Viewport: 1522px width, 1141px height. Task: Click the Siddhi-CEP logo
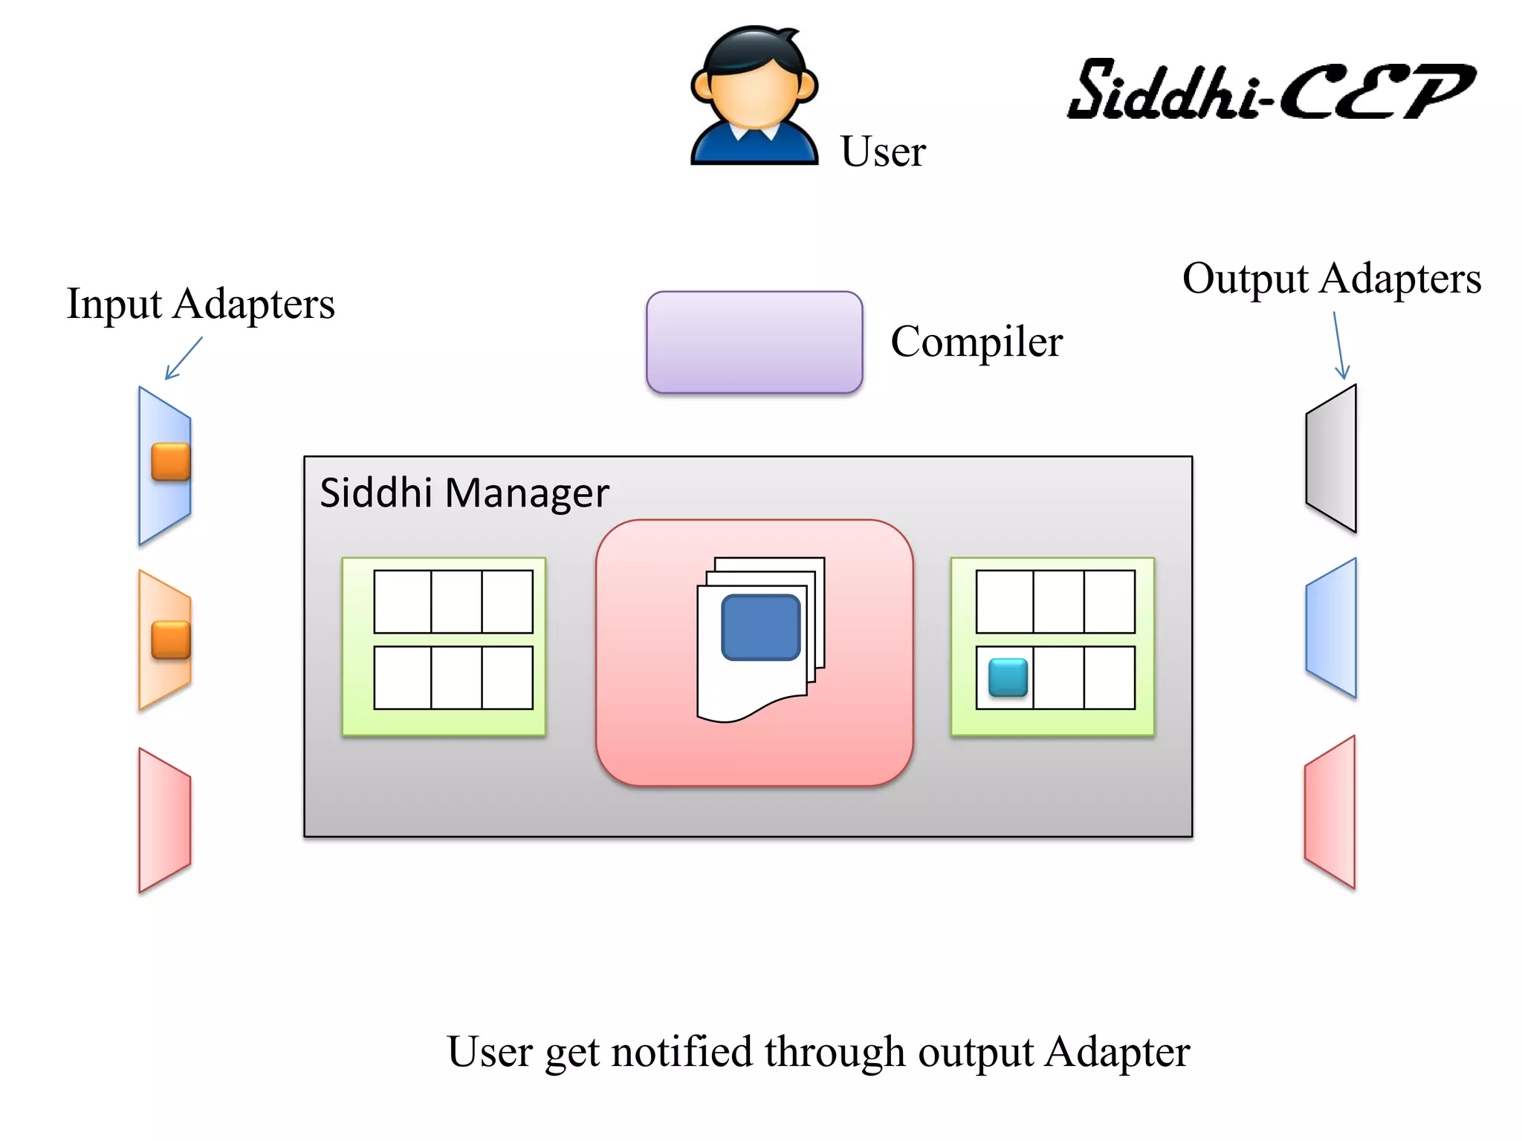point(1270,90)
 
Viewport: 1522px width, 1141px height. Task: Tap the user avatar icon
point(754,97)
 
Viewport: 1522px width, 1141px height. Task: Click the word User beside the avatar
point(883,152)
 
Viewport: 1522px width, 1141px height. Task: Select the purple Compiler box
point(754,342)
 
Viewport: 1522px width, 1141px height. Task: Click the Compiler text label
point(977,342)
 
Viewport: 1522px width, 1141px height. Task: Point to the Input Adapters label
point(201,305)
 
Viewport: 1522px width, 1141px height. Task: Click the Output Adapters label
point(1331,279)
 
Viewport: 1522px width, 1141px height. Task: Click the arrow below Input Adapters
point(183,358)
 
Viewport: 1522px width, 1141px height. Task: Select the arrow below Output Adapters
point(1339,345)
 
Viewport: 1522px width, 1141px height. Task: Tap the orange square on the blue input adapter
point(171,461)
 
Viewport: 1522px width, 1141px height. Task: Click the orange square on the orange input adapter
point(171,640)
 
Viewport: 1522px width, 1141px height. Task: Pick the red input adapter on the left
point(165,819)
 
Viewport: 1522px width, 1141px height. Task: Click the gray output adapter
point(1332,458)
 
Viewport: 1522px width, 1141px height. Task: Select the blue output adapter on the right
point(1332,628)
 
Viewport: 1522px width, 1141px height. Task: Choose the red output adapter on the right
point(1330,812)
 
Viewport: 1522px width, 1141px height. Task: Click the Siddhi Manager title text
point(464,493)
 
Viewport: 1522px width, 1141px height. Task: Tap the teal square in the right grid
point(1008,677)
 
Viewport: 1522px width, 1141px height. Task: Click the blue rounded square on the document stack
point(760,627)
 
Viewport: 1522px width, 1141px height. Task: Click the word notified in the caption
point(681,1052)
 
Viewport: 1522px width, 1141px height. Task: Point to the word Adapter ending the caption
point(1117,1052)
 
